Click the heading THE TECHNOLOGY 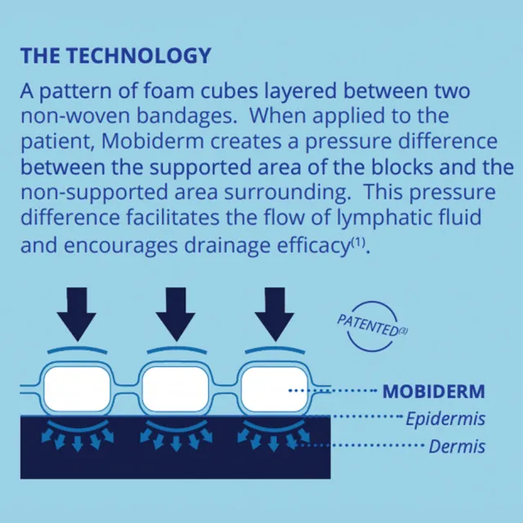click(116, 56)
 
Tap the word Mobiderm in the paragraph click(153, 141)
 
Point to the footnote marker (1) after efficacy click(358, 242)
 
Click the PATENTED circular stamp click(373, 326)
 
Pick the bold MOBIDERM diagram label click(434, 391)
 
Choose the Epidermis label click(445, 419)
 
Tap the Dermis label click(457, 447)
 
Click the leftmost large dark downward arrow click(77, 314)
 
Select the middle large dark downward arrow click(176, 314)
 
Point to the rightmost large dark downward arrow click(275, 314)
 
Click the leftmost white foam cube click(77, 389)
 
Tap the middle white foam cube click(176, 389)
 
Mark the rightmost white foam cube click(275, 389)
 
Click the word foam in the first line click(169, 91)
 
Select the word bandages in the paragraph click(187, 116)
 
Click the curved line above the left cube click(78, 350)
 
